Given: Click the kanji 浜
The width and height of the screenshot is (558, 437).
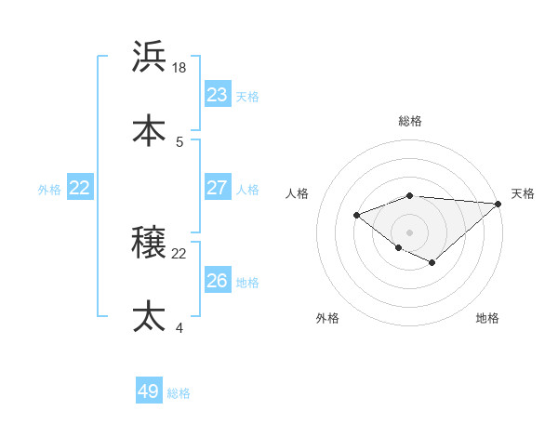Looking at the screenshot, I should coord(150,57).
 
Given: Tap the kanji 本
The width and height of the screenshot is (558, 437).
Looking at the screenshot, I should coord(150,130).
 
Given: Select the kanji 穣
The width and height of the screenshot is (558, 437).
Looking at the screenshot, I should coord(150,242).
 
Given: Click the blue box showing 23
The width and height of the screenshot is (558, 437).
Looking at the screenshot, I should coord(218,94).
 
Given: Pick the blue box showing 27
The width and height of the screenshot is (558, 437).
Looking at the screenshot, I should coord(218,187).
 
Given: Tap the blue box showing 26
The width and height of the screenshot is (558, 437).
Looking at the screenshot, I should coord(218,280).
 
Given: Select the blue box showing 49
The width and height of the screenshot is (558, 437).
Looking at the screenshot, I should coord(149,391).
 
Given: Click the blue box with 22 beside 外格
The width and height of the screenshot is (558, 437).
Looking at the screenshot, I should coord(80,187).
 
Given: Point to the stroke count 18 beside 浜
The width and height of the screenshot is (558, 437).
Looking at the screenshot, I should coord(180,68).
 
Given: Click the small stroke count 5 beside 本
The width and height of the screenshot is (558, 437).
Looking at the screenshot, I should coord(179,142).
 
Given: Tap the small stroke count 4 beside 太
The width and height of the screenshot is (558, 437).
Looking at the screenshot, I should coord(179,327).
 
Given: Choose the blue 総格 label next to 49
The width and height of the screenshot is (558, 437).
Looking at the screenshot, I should coord(179,393).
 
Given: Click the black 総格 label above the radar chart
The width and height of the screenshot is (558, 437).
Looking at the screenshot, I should coord(410,121).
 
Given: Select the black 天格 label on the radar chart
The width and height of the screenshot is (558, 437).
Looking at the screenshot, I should coord(523,193).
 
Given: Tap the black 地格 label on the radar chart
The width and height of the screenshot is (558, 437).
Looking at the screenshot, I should coord(487,318).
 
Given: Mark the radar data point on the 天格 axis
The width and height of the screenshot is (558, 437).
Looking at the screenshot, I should coord(498,204).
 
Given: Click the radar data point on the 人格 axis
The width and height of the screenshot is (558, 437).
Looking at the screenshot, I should coord(356,215).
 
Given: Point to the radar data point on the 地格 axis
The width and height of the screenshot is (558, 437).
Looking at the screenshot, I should coord(432,263).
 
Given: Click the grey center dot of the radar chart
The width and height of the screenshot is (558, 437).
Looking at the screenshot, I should coord(410,232).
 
